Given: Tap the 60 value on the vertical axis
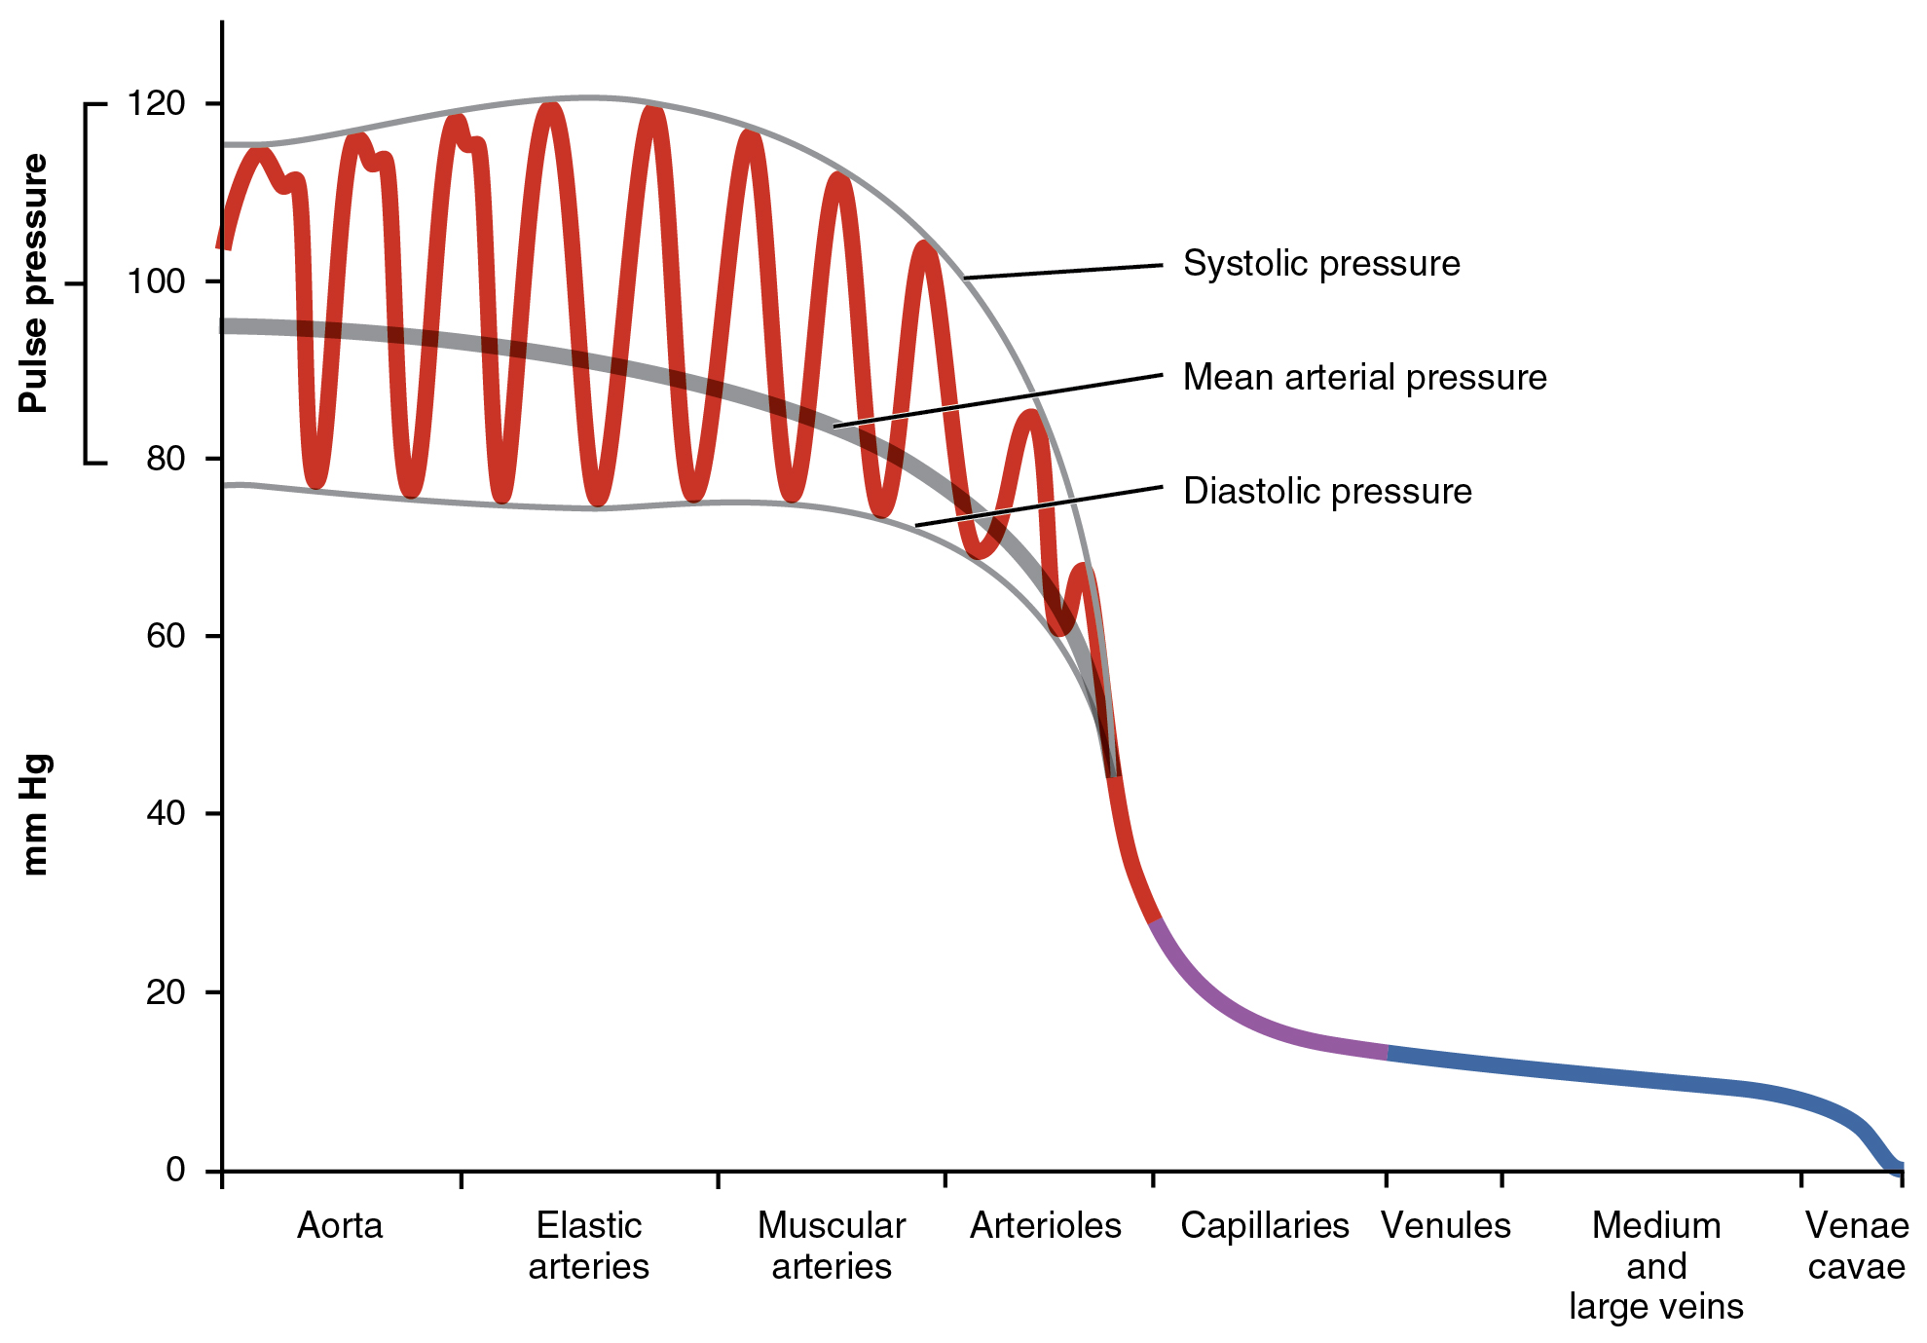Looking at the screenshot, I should (x=165, y=636).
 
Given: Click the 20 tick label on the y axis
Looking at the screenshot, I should (x=165, y=991).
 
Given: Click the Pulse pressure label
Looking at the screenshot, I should (x=34, y=283).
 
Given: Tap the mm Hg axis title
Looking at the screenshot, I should (x=34, y=814).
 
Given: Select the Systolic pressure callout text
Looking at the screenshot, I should (x=1320, y=264).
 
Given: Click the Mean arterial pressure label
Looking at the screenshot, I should (x=1364, y=377).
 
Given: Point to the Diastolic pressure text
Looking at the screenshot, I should (x=1326, y=491).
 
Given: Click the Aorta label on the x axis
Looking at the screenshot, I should (x=340, y=1225).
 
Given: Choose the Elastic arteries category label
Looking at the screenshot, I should (x=588, y=1246).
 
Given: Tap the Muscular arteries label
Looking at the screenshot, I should (x=832, y=1246).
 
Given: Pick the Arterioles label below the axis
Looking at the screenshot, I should (x=1046, y=1225).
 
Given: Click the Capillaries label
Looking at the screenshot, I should (x=1264, y=1225).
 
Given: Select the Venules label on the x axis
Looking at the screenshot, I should (x=1446, y=1225).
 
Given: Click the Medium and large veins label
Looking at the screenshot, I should (x=1655, y=1265).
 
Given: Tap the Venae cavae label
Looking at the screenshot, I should (x=1856, y=1246).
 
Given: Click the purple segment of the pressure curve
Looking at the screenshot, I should (x=1246, y=1019).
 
